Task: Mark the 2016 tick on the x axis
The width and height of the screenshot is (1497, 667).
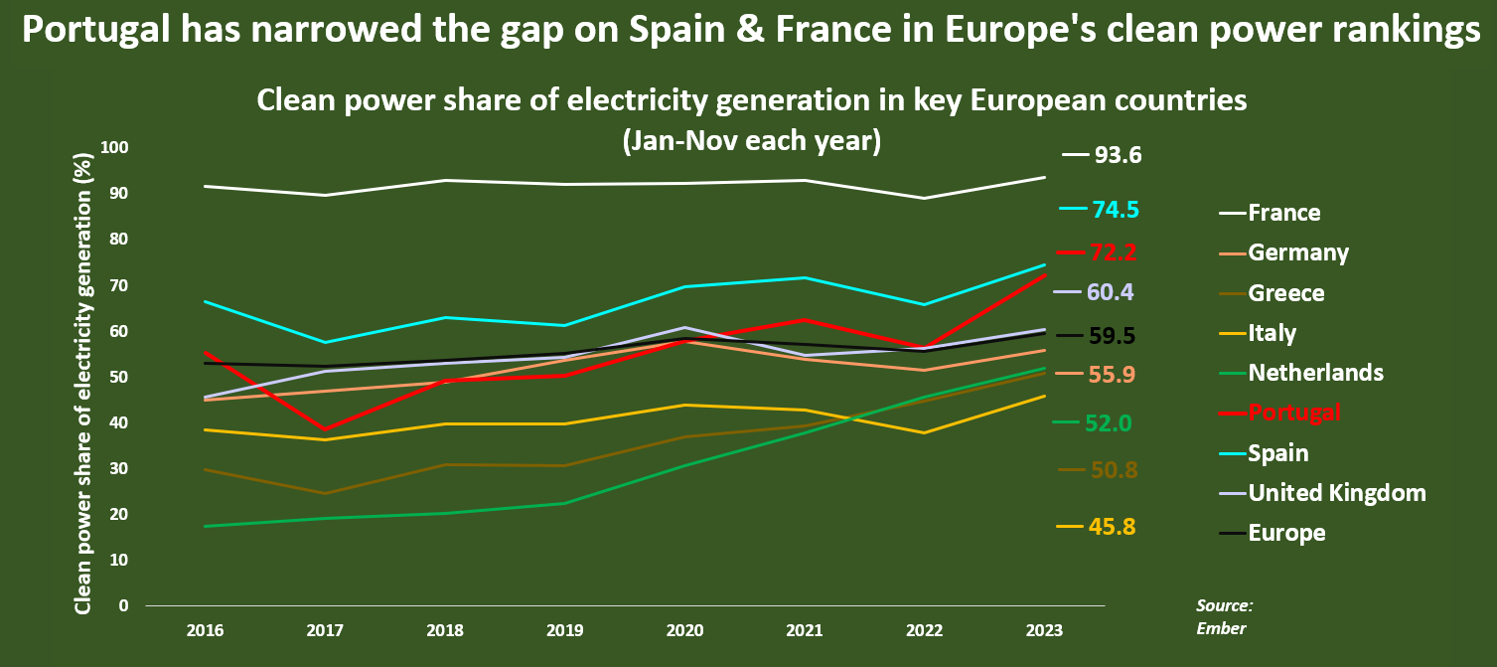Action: point(204,631)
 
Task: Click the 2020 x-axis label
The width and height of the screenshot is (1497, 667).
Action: point(685,631)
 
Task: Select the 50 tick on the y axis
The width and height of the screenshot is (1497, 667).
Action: point(119,377)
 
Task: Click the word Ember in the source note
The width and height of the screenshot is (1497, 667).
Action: point(1221,628)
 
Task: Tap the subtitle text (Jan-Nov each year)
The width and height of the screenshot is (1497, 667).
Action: point(751,141)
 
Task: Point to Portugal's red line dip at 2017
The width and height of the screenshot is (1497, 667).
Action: point(325,428)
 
